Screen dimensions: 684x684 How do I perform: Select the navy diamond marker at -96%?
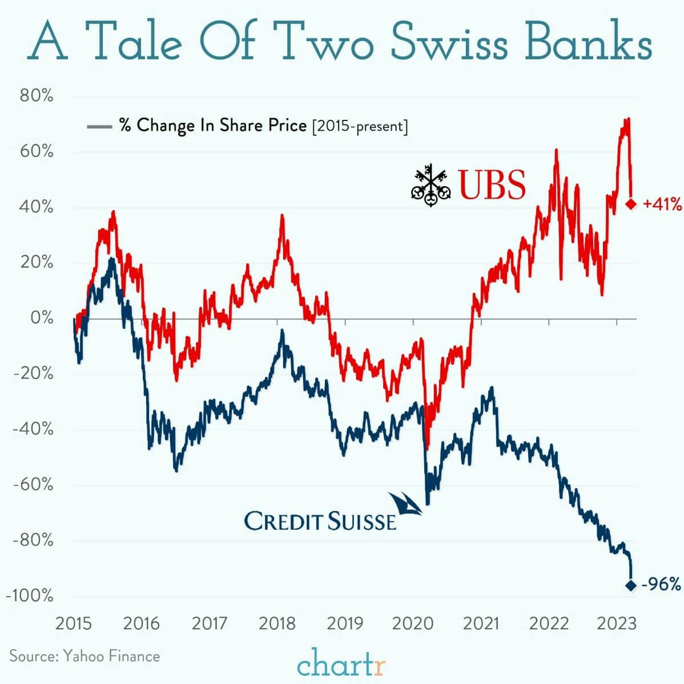pos(631,585)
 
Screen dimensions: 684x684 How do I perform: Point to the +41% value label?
pos(662,204)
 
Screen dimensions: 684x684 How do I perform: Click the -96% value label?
pos(661,585)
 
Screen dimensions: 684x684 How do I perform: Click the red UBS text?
pos(492,186)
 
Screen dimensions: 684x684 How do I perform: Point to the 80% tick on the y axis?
pos(37,96)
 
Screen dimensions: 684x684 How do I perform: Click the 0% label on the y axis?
pos(42,318)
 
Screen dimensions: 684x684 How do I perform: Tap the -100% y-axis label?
pos(30,596)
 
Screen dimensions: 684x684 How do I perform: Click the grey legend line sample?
pos(99,126)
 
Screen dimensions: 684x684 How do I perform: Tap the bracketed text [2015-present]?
pos(360,126)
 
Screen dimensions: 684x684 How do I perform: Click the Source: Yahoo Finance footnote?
pos(85,656)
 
